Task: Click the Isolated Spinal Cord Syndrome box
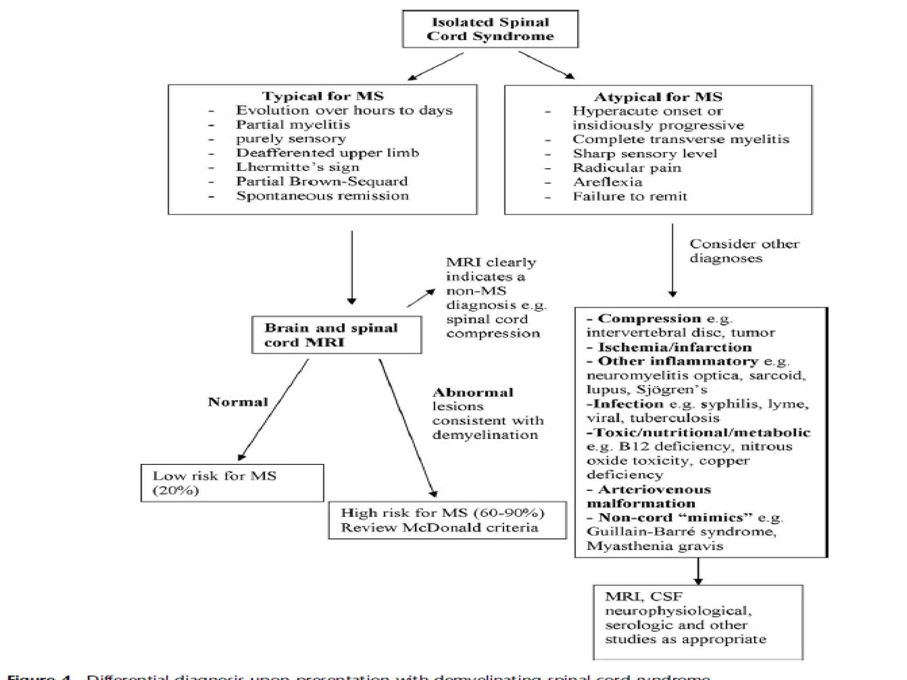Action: click(x=490, y=29)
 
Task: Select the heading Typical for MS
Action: click(x=322, y=96)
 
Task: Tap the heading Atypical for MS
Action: click(x=658, y=97)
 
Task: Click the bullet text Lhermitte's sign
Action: click(x=298, y=167)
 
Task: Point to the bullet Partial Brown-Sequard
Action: click(x=322, y=182)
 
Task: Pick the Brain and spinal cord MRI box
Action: click(x=337, y=335)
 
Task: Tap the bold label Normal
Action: click(x=238, y=402)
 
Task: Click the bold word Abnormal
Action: click(x=473, y=393)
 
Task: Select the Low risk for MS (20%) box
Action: click(x=232, y=483)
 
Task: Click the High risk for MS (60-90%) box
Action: click(x=447, y=520)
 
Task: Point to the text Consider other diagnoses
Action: click(x=744, y=251)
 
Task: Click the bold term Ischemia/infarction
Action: click(x=674, y=348)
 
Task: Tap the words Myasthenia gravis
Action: click(x=655, y=546)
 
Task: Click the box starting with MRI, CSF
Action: click(x=698, y=622)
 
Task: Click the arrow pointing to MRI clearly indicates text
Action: click(x=421, y=298)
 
